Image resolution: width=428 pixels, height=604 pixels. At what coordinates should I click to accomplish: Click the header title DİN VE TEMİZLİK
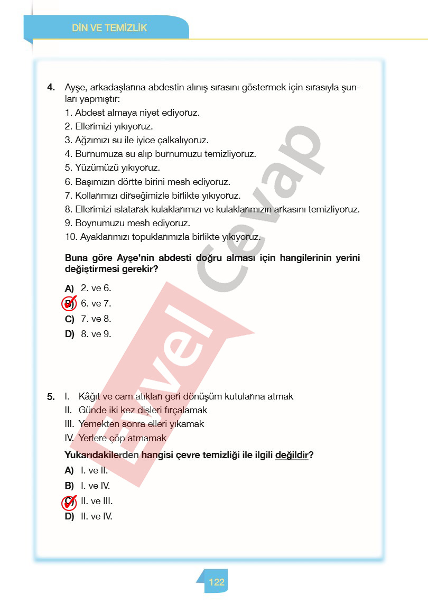[109, 28]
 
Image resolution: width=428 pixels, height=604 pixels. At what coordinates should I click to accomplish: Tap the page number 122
[217, 582]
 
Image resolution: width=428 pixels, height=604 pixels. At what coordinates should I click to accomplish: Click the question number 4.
[51, 87]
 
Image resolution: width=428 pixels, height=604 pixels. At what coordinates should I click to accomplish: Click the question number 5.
[51, 396]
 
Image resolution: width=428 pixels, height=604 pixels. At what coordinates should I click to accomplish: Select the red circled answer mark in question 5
[69, 502]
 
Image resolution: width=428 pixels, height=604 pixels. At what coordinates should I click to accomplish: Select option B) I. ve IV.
[87, 486]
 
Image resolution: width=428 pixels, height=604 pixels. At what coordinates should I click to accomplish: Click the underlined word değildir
[292, 455]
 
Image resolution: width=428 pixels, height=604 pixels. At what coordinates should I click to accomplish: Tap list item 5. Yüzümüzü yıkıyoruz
[112, 168]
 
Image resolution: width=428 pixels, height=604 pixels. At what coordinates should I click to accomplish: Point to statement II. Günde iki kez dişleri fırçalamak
[136, 410]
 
